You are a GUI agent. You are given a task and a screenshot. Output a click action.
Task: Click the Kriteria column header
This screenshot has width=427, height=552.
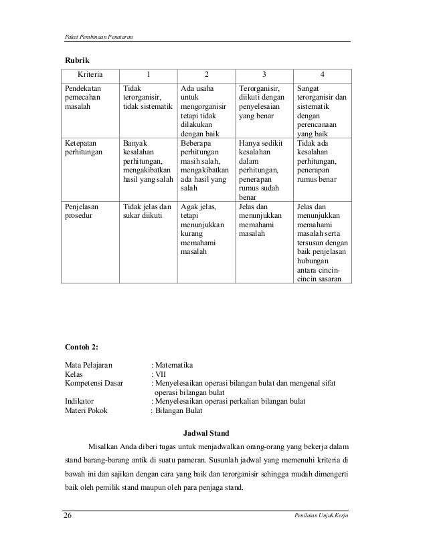point(89,74)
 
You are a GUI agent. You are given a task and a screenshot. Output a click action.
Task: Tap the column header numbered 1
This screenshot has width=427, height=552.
point(148,74)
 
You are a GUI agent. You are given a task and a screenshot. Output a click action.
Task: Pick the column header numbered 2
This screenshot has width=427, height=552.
point(206,74)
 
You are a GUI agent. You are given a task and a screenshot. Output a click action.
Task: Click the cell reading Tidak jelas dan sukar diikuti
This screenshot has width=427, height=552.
point(147,211)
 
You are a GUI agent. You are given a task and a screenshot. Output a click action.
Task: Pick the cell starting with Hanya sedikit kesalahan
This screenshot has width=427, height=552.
point(262,170)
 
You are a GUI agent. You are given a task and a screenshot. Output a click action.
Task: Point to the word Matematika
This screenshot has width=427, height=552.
point(174,365)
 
